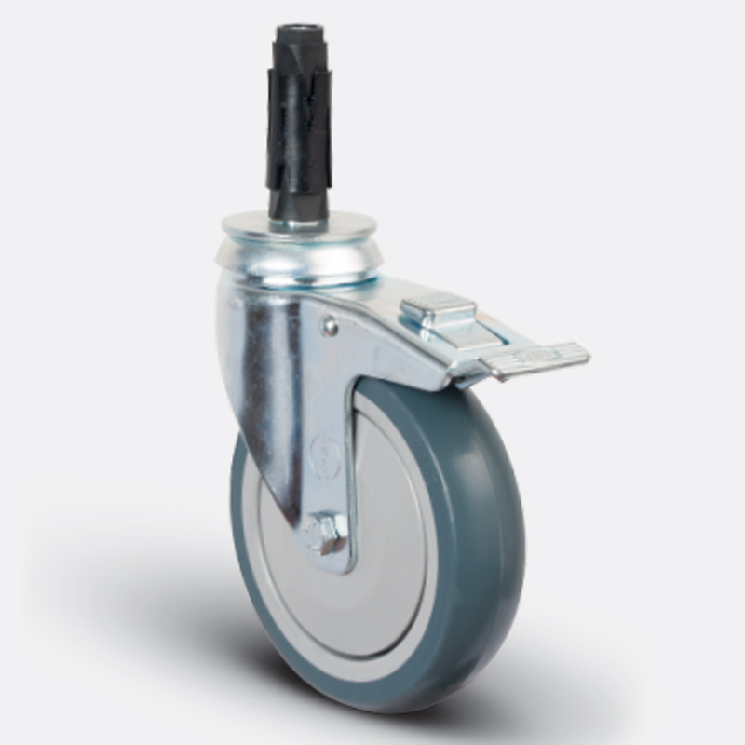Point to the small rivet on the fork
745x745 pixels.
tap(329, 325)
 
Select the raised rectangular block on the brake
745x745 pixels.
tap(438, 311)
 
